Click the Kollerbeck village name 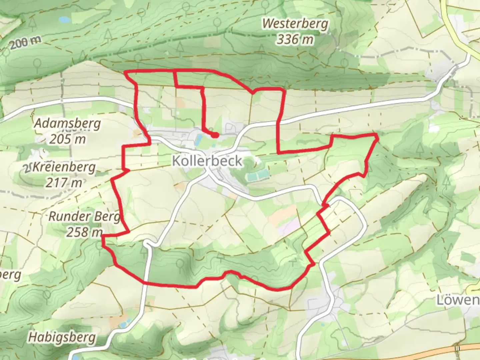[x=207, y=161]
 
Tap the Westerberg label [x=295, y=24]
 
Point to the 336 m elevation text [x=295, y=39]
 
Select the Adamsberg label [x=67, y=123]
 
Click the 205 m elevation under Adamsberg [x=67, y=139]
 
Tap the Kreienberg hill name [x=63, y=167]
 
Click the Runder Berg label [x=84, y=216]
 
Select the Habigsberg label [x=62, y=337]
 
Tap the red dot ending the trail [x=215, y=135]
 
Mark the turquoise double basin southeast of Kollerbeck [x=258, y=174]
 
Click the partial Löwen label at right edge [x=458, y=300]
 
